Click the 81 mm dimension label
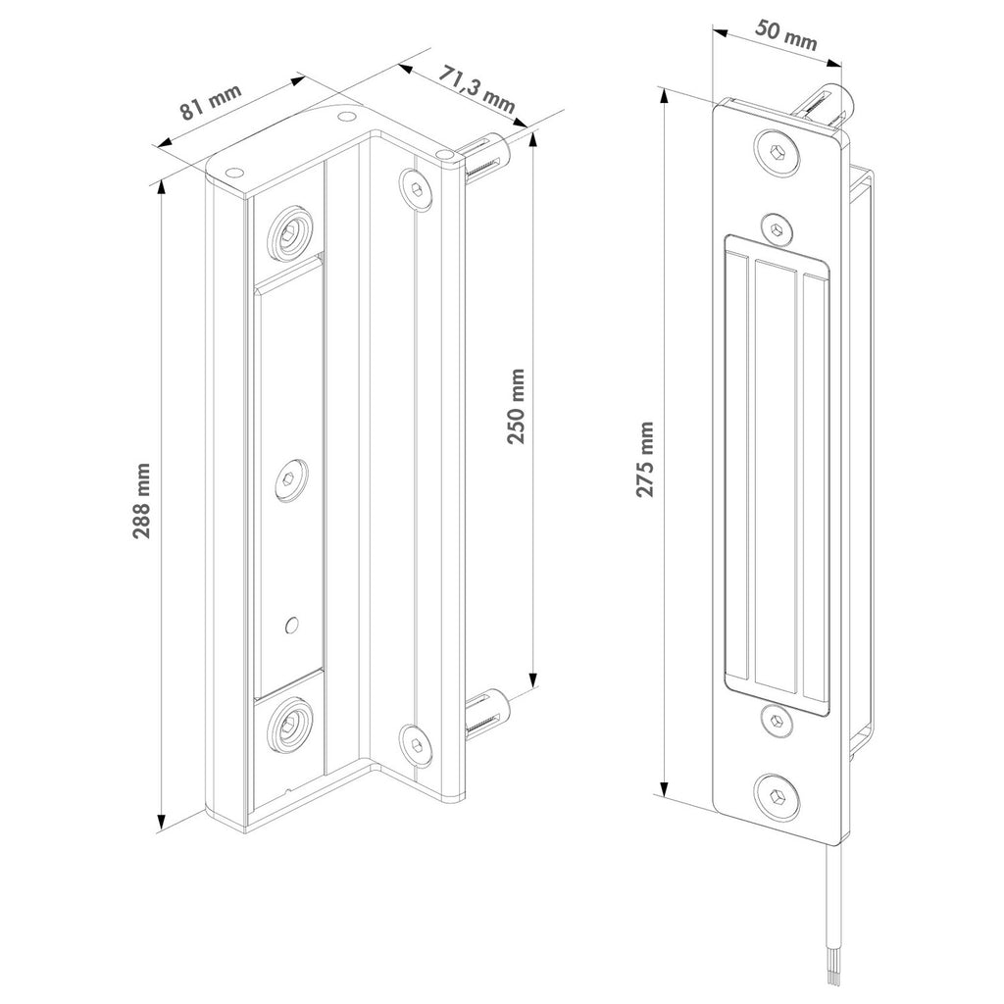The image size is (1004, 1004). pyautogui.click(x=210, y=101)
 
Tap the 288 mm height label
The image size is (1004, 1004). pyautogui.click(x=141, y=501)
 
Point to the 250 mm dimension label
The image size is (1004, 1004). pyautogui.click(x=516, y=406)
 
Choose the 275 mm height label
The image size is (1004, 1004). pyautogui.click(x=645, y=459)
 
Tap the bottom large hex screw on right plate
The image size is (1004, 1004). pyautogui.click(x=778, y=797)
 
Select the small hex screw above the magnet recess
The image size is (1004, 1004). pyautogui.click(x=777, y=228)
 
